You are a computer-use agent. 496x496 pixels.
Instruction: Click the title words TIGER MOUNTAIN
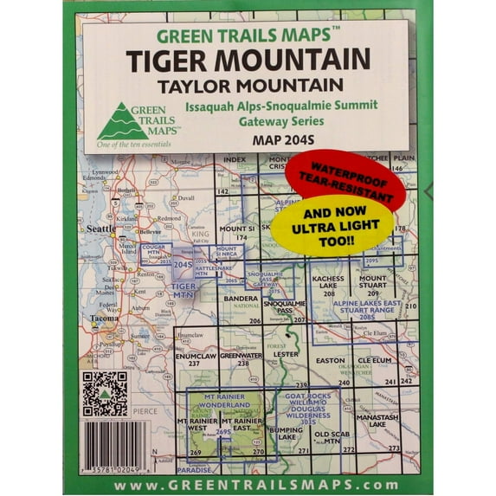click(248, 60)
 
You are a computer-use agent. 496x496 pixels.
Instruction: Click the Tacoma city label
click(104, 318)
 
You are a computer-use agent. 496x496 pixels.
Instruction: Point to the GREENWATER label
click(240, 356)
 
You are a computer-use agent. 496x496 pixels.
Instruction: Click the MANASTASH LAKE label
click(383, 422)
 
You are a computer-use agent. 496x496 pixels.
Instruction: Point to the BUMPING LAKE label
click(285, 432)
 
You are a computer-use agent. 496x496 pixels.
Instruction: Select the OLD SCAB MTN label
click(332, 437)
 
